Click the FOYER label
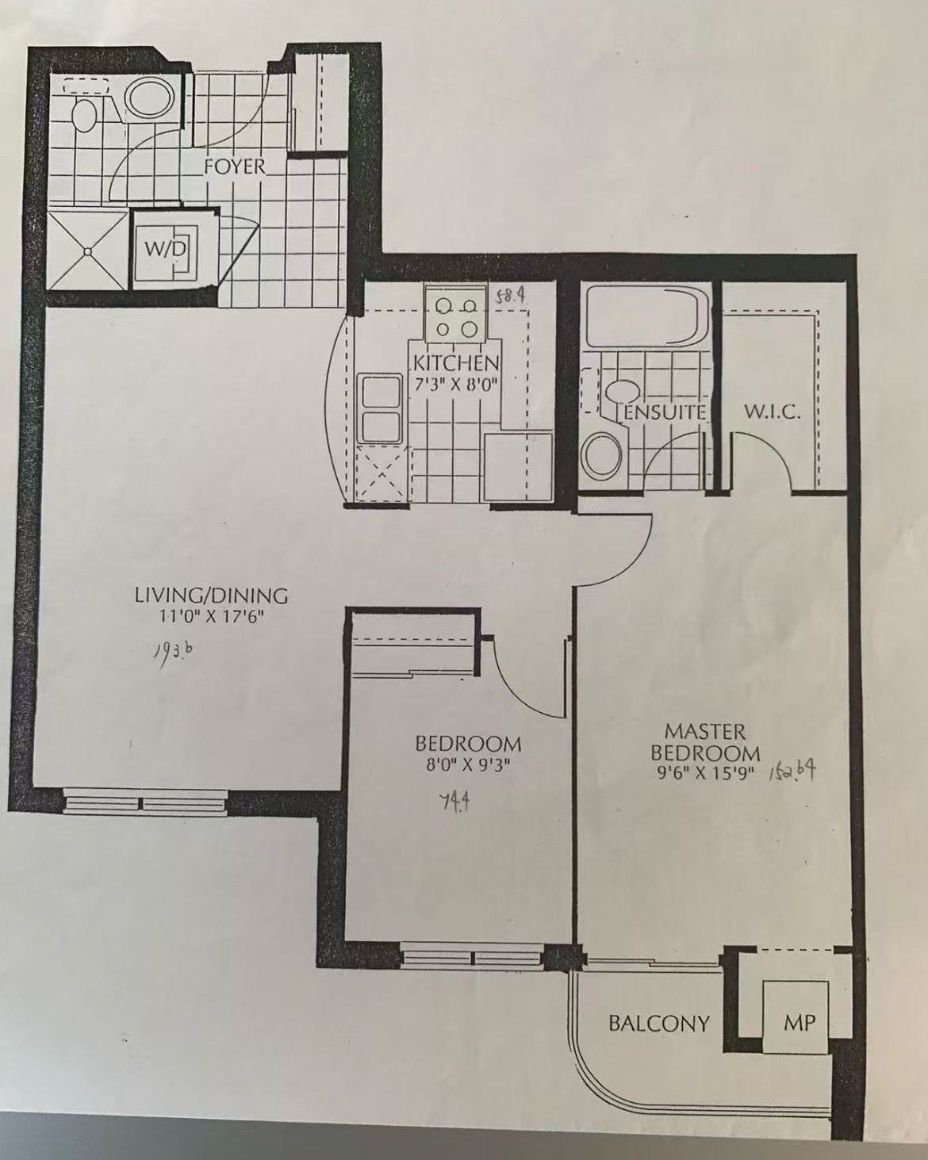(235, 167)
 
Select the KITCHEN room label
(455, 363)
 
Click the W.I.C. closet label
(772, 414)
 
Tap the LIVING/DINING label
(211, 597)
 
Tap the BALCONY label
(659, 1023)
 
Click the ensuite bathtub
(646, 316)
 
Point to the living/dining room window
(144, 803)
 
